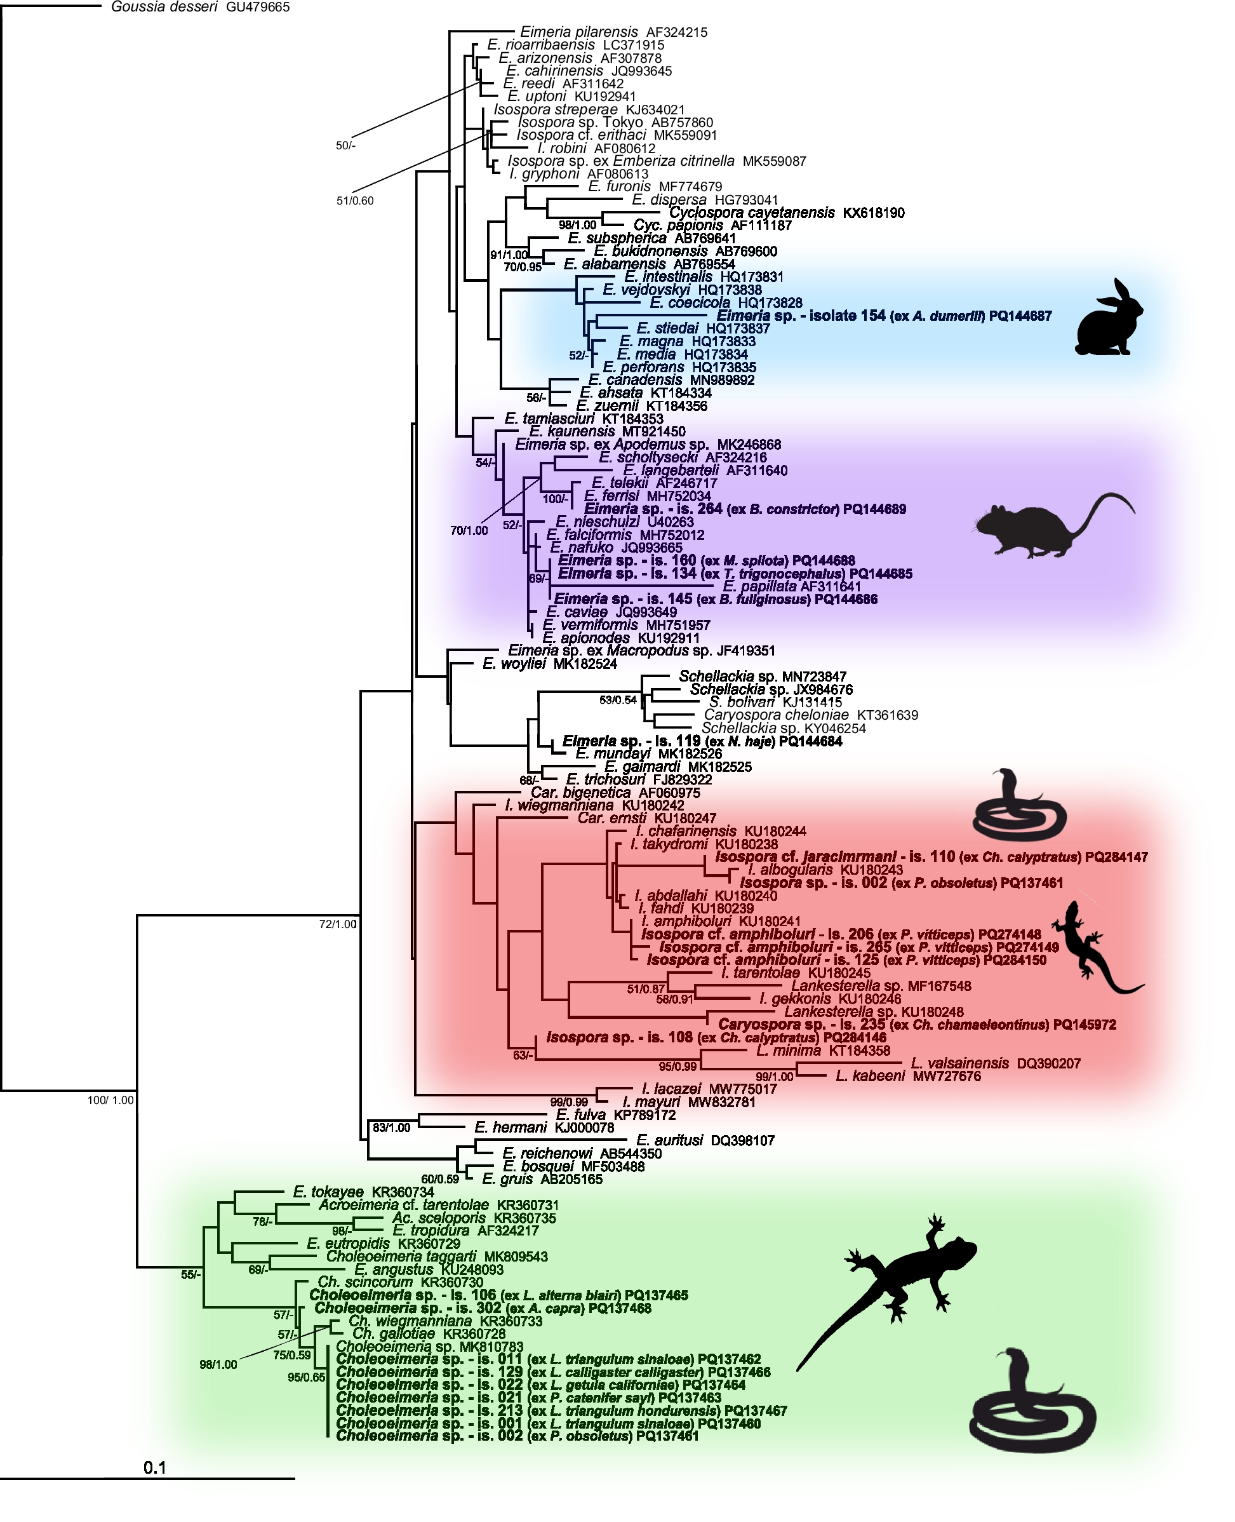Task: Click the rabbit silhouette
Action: [x=1109, y=318]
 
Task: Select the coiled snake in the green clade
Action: [x=1032, y=1402]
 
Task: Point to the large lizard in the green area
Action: [x=897, y=1288]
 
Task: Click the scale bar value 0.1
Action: [x=154, y=1467]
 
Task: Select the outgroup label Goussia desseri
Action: [x=164, y=7]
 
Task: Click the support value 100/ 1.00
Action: [x=110, y=1100]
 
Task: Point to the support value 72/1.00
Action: [x=338, y=924]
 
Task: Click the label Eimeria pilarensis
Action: [x=579, y=32]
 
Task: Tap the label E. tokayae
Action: [x=328, y=1192]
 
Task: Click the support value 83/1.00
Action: [x=391, y=1128]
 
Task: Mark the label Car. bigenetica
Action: [x=580, y=793]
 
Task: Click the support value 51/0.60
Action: [x=355, y=201]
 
